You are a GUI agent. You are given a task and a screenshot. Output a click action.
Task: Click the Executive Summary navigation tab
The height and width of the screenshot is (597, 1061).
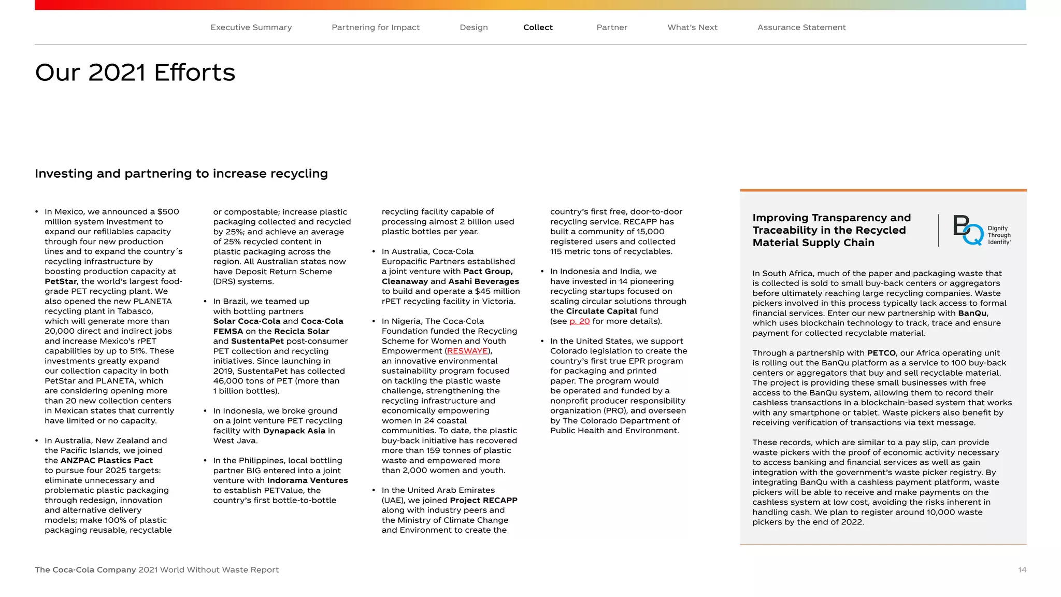tap(251, 27)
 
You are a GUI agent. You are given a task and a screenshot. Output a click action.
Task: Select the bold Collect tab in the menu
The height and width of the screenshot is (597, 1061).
tap(538, 27)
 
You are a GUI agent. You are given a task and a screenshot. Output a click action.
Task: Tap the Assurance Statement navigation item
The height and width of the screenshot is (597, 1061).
tap(801, 27)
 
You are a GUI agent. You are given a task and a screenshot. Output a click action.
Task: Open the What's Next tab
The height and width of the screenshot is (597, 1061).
tap(692, 27)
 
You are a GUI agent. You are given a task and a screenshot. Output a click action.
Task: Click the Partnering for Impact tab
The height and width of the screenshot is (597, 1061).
tap(376, 27)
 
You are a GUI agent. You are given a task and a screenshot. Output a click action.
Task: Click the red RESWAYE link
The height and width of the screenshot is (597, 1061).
tap(467, 351)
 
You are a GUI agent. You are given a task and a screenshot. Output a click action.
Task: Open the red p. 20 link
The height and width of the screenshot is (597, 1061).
tap(579, 321)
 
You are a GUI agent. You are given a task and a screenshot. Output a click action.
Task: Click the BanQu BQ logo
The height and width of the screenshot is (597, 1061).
tap(967, 230)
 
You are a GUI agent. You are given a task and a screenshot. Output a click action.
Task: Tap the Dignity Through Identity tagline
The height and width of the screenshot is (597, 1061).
tap(999, 235)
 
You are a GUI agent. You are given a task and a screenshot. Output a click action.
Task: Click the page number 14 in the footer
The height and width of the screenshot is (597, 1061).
tap(1022, 570)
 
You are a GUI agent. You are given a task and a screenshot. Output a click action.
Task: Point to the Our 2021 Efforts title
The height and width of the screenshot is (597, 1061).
tap(135, 73)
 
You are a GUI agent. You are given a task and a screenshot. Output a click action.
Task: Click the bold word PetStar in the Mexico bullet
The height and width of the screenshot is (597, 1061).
tap(61, 281)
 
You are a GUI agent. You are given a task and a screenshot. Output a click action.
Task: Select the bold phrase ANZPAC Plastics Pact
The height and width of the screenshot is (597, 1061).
tap(107, 461)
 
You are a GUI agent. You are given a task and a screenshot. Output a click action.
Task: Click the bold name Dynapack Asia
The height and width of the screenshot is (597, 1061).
tap(294, 431)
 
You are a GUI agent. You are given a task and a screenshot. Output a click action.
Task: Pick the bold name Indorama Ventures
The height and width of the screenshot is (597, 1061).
tap(307, 480)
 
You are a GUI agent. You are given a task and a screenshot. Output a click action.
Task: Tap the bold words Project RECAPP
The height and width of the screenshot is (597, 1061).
tap(483, 500)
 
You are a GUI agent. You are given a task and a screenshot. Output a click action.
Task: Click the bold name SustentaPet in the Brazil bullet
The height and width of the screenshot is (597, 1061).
tap(257, 341)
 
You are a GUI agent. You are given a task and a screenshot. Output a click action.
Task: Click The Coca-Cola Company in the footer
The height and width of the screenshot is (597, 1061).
tap(85, 570)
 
